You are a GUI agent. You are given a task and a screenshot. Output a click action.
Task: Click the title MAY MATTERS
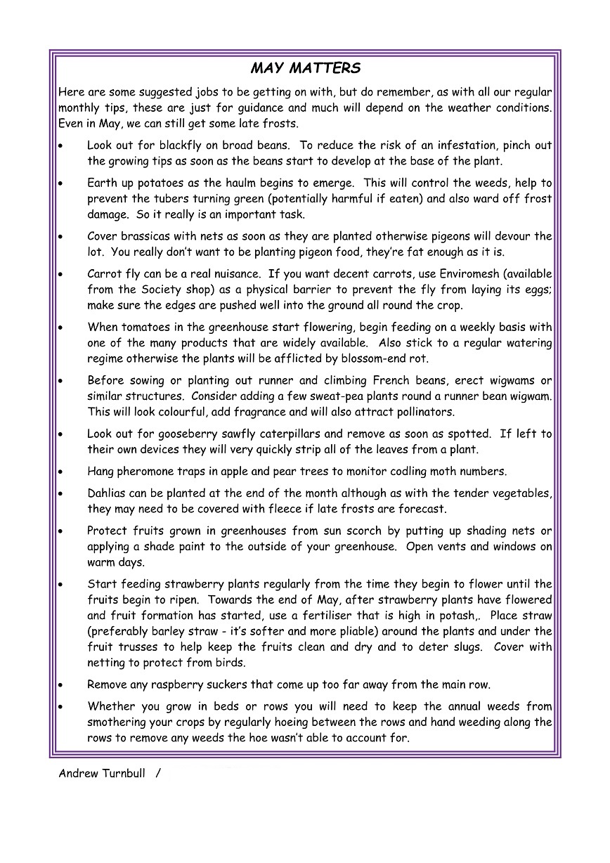(x=305, y=68)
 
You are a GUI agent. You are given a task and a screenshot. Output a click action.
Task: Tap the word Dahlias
(x=108, y=493)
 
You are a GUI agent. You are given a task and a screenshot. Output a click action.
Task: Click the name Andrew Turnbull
(x=103, y=774)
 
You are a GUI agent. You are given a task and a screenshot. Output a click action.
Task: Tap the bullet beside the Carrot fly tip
(x=62, y=274)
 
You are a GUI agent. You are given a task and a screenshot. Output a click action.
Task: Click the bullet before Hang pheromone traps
(x=62, y=472)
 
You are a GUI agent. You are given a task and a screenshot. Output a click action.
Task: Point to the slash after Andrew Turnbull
(x=158, y=774)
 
